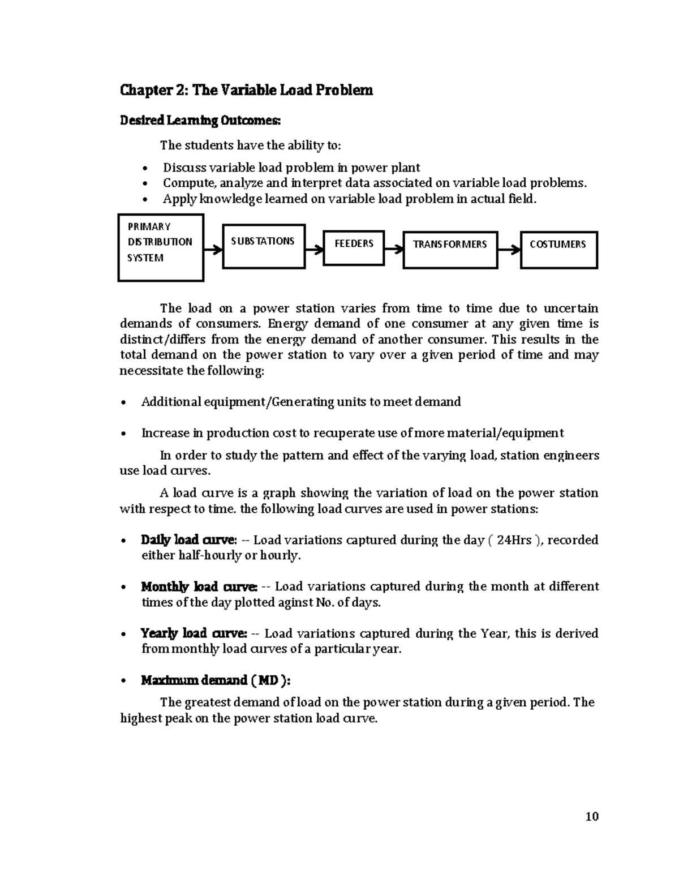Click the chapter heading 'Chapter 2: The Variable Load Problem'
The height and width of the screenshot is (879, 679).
[246, 91]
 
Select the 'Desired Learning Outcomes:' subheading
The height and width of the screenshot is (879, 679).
[200, 121]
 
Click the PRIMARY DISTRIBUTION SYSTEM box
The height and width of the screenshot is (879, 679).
[161, 247]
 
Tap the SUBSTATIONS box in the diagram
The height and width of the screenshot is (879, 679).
[264, 246]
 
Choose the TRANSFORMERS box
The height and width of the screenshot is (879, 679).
[450, 249]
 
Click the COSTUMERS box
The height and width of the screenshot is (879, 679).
[558, 249]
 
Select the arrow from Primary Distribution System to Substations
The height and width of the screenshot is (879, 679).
[213, 249]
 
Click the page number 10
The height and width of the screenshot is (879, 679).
[592, 816]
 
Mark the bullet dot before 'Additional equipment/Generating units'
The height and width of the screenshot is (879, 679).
[124, 403]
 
